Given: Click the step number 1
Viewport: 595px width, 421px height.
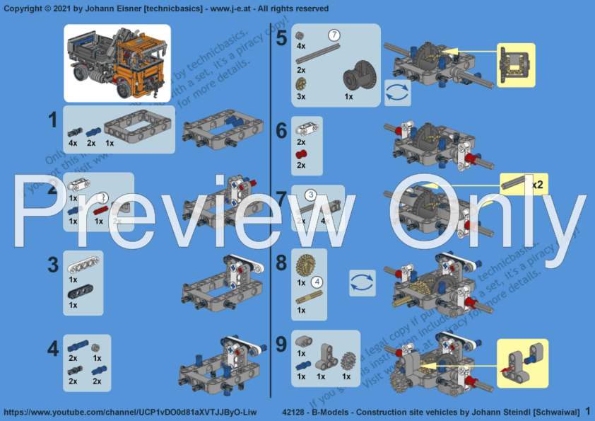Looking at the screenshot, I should (x=52, y=121).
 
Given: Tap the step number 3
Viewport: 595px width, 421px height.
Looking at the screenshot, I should (x=52, y=265).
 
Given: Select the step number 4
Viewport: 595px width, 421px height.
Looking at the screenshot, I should (x=52, y=349).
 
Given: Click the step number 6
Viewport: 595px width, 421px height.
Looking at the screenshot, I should (x=281, y=130).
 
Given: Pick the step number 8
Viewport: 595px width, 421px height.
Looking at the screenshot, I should (x=281, y=264).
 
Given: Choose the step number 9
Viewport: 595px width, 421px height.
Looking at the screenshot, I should (x=281, y=345).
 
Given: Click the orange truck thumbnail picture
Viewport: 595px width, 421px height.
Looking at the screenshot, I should (x=117, y=62).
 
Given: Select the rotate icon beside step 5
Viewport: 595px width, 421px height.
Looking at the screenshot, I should (x=397, y=93).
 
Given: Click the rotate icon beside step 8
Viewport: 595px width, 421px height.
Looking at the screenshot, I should (x=362, y=282).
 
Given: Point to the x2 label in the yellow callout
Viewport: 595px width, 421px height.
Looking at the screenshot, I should (x=537, y=185).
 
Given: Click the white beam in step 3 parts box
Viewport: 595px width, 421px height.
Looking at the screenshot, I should (x=84, y=265).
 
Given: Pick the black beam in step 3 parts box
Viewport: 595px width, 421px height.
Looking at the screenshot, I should (x=83, y=291).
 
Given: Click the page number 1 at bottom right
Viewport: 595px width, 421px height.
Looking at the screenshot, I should (x=587, y=411).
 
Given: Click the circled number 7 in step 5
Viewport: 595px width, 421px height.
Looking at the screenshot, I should (x=334, y=35).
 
